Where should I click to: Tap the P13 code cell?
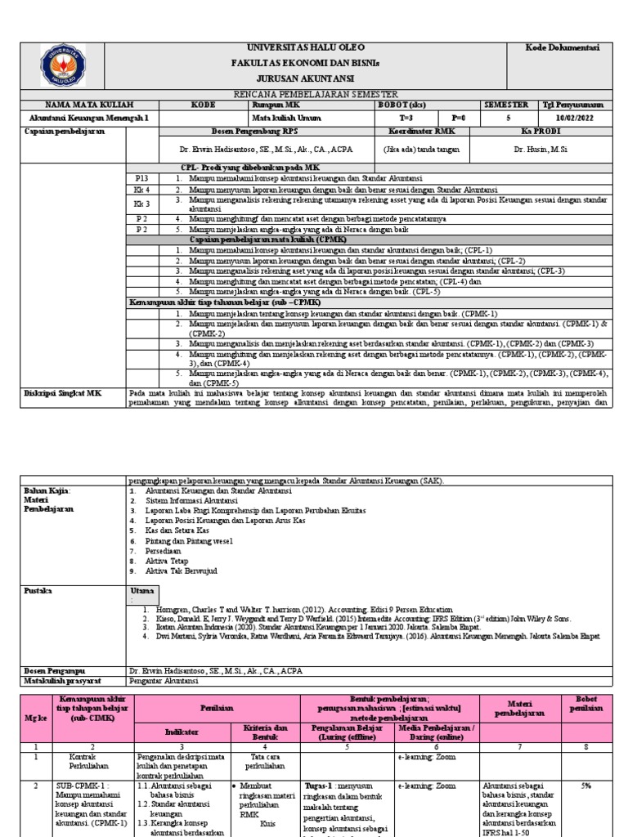142,177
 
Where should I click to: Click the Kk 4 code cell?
142,189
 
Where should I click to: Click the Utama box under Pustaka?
144,593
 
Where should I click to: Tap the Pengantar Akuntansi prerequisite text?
164,680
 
